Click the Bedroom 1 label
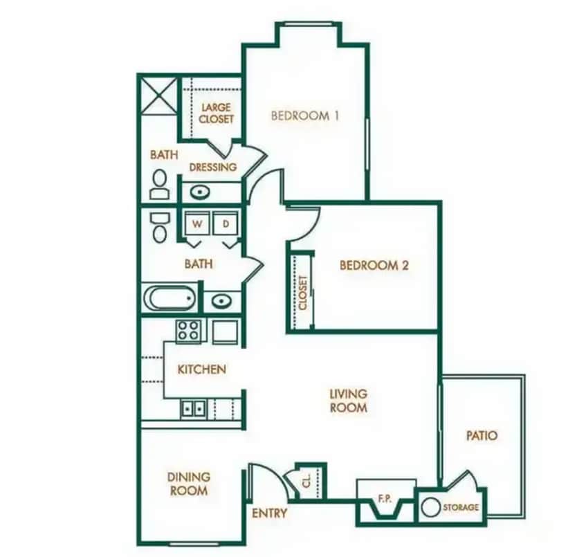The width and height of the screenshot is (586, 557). click(304, 116)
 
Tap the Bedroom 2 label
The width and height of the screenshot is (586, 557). click(369, 265)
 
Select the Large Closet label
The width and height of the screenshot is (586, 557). click(216, 113)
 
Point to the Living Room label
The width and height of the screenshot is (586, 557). click(348, 401)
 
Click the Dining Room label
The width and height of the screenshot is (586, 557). click(188, 484)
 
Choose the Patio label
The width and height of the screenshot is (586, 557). click(482, 436)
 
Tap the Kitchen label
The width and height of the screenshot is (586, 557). click(201, 369)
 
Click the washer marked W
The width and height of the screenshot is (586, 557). click(197, 224)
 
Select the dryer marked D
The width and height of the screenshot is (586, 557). click(226, 224)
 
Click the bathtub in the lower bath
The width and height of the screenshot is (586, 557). click(170, 299)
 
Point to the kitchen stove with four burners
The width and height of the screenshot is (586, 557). click(188, 331)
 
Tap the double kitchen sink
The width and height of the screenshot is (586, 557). click(194, 408)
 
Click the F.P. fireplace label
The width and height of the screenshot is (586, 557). click(386, 496)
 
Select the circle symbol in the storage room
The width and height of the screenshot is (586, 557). click(430, 507)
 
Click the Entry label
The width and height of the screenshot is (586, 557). click(269, 513)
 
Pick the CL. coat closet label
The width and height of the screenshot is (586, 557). click(306, 480)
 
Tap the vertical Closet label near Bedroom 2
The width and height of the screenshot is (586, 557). click(302, 292)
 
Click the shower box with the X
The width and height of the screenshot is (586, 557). click(158, 94)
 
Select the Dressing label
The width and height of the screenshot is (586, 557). click(212, 167)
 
